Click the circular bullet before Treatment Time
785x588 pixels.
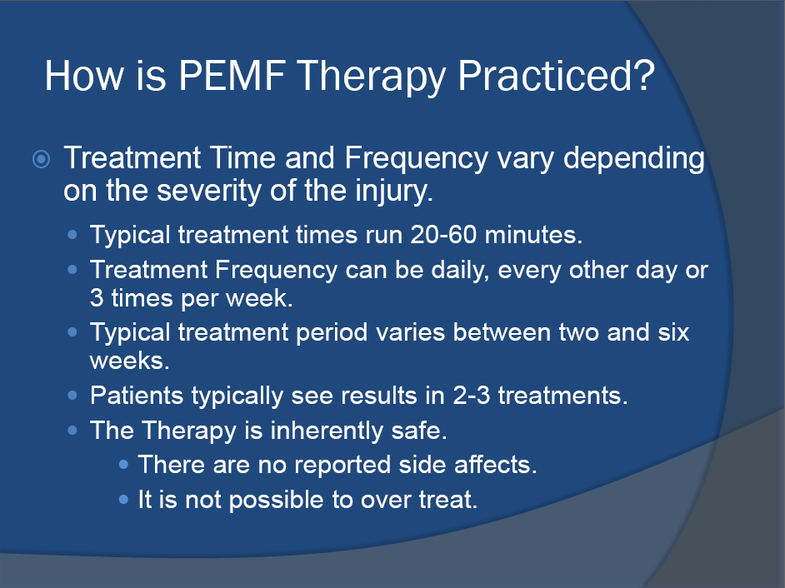41,159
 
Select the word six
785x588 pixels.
669,332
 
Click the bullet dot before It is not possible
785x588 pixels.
123,501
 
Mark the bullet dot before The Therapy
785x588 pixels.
74,431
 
